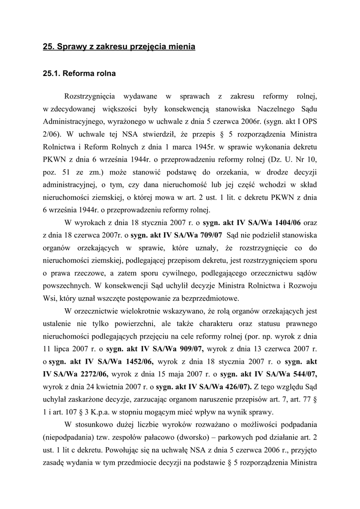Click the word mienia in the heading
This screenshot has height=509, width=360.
tap(180, 47)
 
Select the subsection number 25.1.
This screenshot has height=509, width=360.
tap(51, 74)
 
